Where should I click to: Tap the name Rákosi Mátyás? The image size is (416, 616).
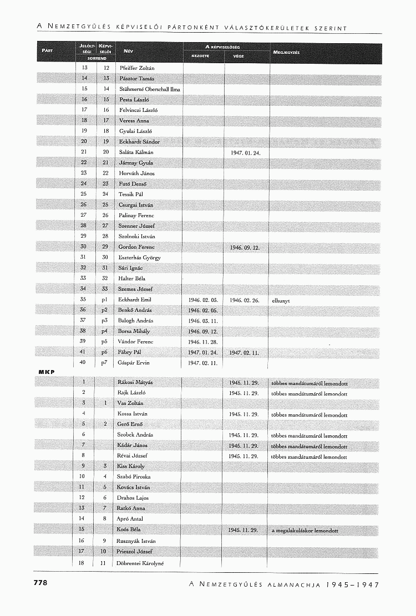click(135, 382)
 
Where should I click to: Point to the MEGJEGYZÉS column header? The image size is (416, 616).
click(287, 53)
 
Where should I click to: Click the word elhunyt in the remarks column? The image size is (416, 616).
click(281, 300)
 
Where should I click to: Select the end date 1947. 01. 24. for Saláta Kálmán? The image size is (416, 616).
click(245, 152)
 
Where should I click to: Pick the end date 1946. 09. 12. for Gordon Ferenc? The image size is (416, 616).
click(245, 248)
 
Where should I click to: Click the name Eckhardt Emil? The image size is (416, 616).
click(135, 300)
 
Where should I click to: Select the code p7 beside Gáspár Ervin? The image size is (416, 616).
click(104, 363)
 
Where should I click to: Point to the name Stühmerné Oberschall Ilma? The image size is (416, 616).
click(150, 89)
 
